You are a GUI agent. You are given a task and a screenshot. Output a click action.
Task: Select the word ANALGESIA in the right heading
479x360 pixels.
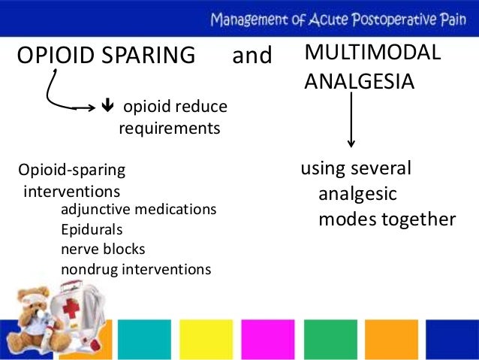click(x=359, y=80)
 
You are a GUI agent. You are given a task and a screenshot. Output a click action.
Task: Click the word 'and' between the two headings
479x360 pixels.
click(x=252, y=56)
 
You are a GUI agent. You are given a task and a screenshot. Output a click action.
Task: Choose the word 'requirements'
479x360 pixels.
click(x=170, y=129)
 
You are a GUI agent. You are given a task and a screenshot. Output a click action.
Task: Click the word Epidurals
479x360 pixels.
click(x=91, y=229)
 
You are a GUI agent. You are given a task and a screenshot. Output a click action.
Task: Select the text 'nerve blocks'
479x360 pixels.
click(x=103, y=249)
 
